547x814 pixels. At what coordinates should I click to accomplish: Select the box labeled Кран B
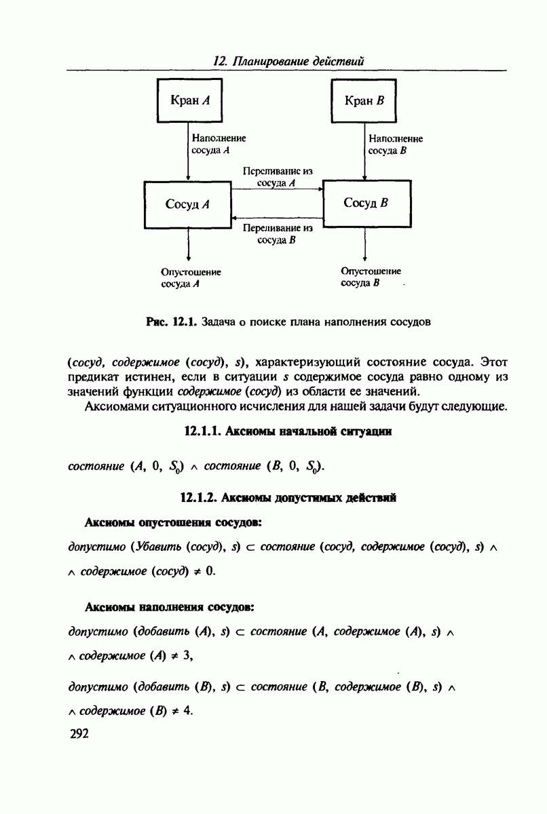click(x=364, y=100)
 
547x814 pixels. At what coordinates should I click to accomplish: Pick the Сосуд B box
click(x=366, y=203)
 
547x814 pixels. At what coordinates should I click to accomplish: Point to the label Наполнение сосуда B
click(x=395, y=144)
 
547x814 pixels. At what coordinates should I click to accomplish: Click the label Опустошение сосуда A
click(x=191, y=278)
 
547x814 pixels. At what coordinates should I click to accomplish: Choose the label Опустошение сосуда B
click(x=371, y=276)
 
